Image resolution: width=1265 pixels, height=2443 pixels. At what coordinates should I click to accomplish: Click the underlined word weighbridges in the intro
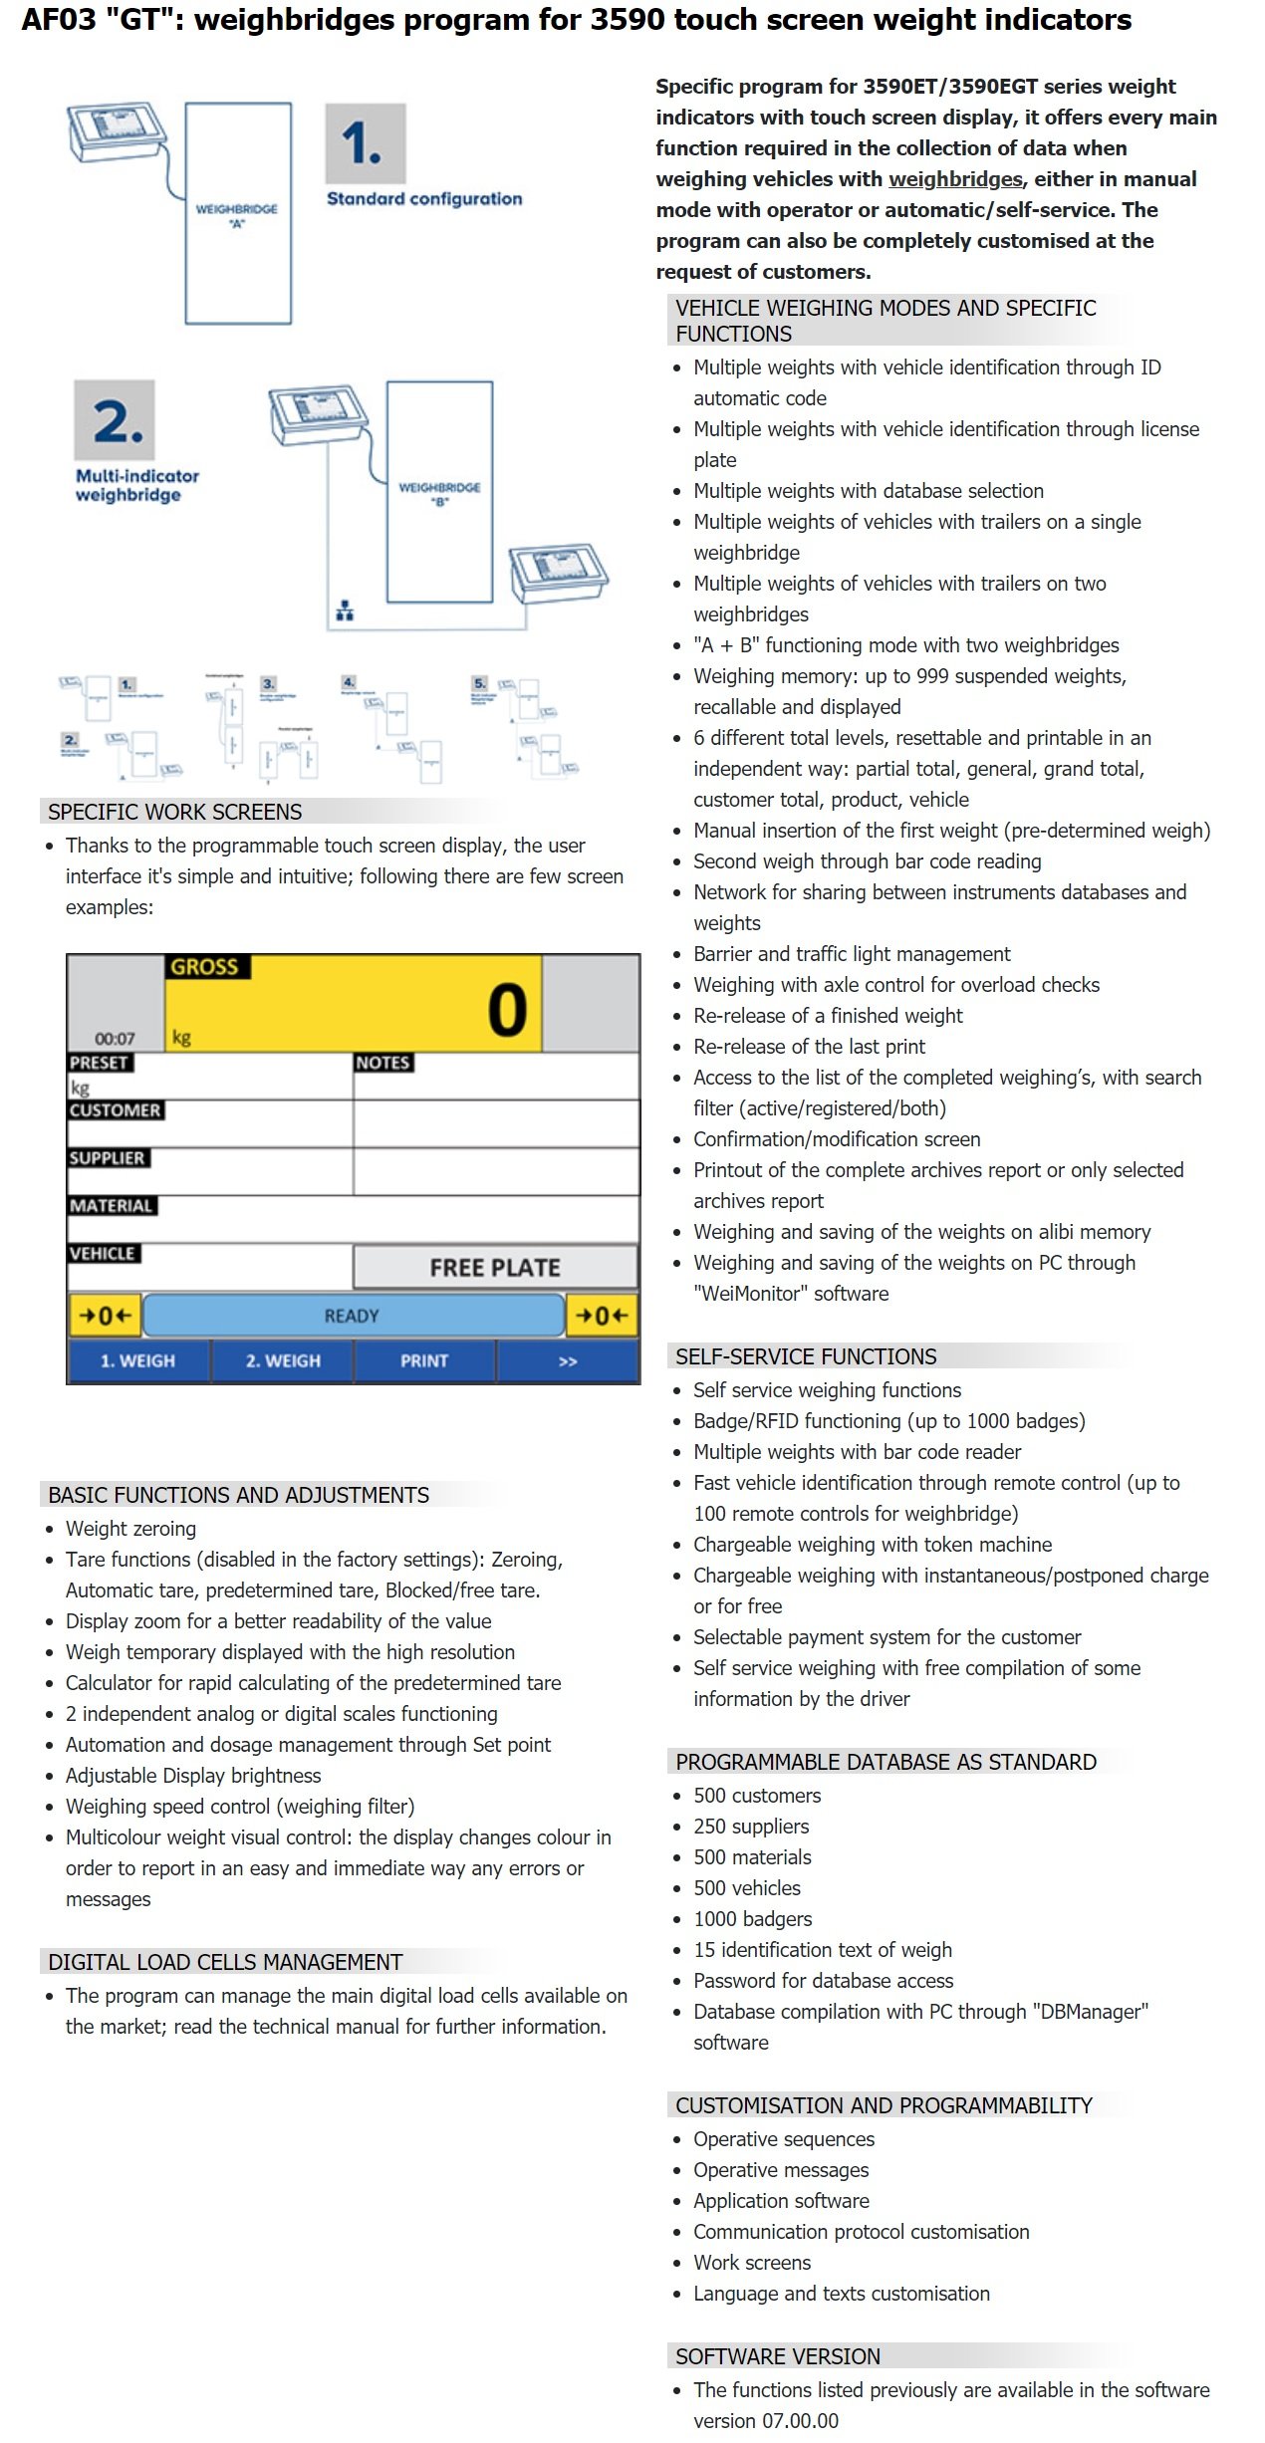(954, 179)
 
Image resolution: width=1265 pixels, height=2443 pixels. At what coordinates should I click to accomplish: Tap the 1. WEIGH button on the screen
(137, 1360)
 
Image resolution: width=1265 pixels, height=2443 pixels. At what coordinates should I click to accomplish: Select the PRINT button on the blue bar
(424, 1360)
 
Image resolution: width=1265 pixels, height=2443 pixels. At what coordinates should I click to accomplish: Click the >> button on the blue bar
(568, 1361)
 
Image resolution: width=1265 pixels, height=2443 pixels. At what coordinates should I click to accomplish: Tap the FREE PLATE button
(495, 1267)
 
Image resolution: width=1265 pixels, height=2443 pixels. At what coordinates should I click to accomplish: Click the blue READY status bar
(353, 1316)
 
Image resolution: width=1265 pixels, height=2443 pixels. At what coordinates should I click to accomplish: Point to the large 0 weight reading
(507, 1010)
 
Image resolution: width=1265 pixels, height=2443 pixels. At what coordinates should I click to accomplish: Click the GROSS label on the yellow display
(205, 967)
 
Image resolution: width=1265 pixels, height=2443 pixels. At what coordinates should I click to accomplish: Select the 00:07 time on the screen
(115, 1038)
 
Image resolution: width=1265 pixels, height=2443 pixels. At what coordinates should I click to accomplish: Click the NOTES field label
(383, 1063)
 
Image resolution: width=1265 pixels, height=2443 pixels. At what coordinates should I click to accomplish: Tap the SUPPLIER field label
(108, 1158)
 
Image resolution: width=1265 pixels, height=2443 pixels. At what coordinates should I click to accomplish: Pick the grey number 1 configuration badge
(365, 143)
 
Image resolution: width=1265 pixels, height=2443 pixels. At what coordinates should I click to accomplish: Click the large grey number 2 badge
(115, 419)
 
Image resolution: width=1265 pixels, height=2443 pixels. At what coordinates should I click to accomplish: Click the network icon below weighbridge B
(345, 611)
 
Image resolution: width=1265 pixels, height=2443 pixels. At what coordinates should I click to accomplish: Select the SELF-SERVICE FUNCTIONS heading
(806, 1356)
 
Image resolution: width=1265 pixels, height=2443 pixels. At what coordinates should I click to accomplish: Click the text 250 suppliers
(751, 1827)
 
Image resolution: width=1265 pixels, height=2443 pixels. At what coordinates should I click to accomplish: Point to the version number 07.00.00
(800, 2421)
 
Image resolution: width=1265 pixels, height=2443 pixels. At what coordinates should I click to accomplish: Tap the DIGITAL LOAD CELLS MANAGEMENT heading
(225, 1962)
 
